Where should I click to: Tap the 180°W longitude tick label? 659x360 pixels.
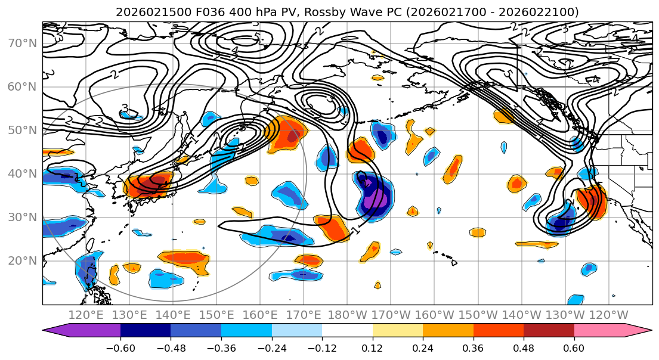click(348, 315)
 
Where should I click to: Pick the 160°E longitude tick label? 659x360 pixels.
click(260, 315)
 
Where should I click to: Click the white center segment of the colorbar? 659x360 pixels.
click(347, 331)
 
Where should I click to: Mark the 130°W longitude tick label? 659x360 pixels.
click(567, 315)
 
